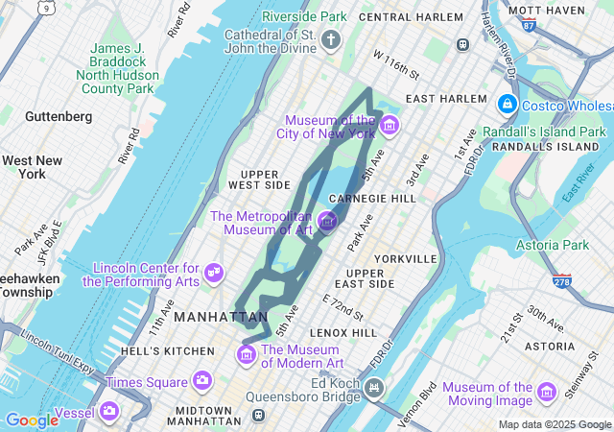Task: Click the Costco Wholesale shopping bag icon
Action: pos(507,103)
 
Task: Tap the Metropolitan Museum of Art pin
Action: pos(327,222)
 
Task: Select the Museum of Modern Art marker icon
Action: pos(246,356)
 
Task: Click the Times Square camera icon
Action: pos(202,381)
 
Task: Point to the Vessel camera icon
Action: pos(109,412)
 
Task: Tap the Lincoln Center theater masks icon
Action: pos(213,274)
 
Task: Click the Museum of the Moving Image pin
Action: pos(546,392)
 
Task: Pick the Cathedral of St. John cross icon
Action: pos(330,39)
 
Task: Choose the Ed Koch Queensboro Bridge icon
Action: pos(372,389)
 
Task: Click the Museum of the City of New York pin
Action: pos(390,125)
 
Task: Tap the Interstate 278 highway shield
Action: pos(562,280)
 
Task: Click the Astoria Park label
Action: pos(553,246)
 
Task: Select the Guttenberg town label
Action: pos(59,116)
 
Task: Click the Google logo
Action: pos(32,420)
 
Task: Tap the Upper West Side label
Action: pos(258,178)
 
